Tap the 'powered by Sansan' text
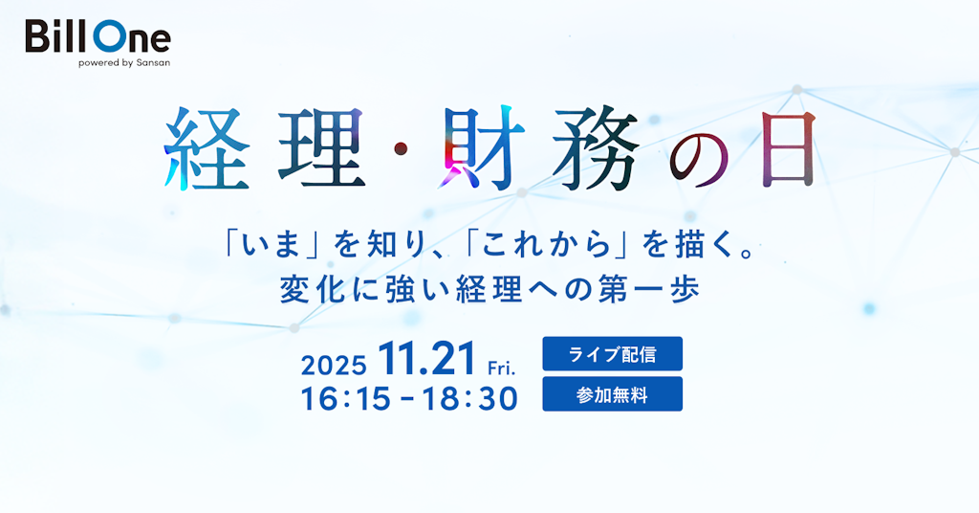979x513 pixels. [124, 63]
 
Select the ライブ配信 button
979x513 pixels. [612, 354]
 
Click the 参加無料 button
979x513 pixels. [612, 394]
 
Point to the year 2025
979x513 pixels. [334, 366]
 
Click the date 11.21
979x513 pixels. [426, 361]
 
